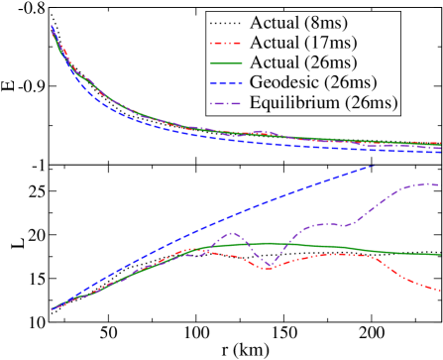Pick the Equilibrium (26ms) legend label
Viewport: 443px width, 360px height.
tap(330, 103)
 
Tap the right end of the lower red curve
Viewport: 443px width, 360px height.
tap(441, 291)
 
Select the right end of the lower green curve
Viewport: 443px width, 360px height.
tap(441, 256)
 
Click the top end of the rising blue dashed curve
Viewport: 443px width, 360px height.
tap(375, 166)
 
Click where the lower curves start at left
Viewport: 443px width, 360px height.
tap(52, 309)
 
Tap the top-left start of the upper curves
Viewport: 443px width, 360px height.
tap(51, 27)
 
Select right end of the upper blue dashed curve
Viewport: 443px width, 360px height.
tap(441, 153)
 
